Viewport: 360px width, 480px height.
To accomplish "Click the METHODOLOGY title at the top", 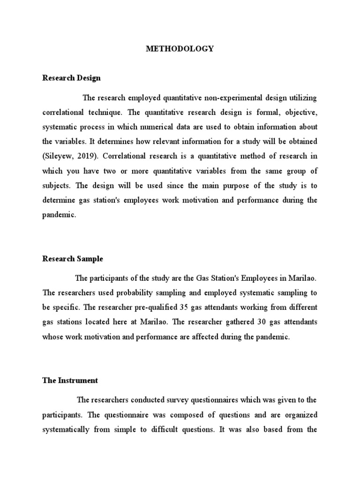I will (x=180, y=48).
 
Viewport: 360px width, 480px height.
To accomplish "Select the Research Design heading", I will (x=71, y=78).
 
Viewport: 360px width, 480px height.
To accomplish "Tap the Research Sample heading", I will (x=73, y=259).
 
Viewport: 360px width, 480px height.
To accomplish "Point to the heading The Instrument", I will (x=70, y=381).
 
